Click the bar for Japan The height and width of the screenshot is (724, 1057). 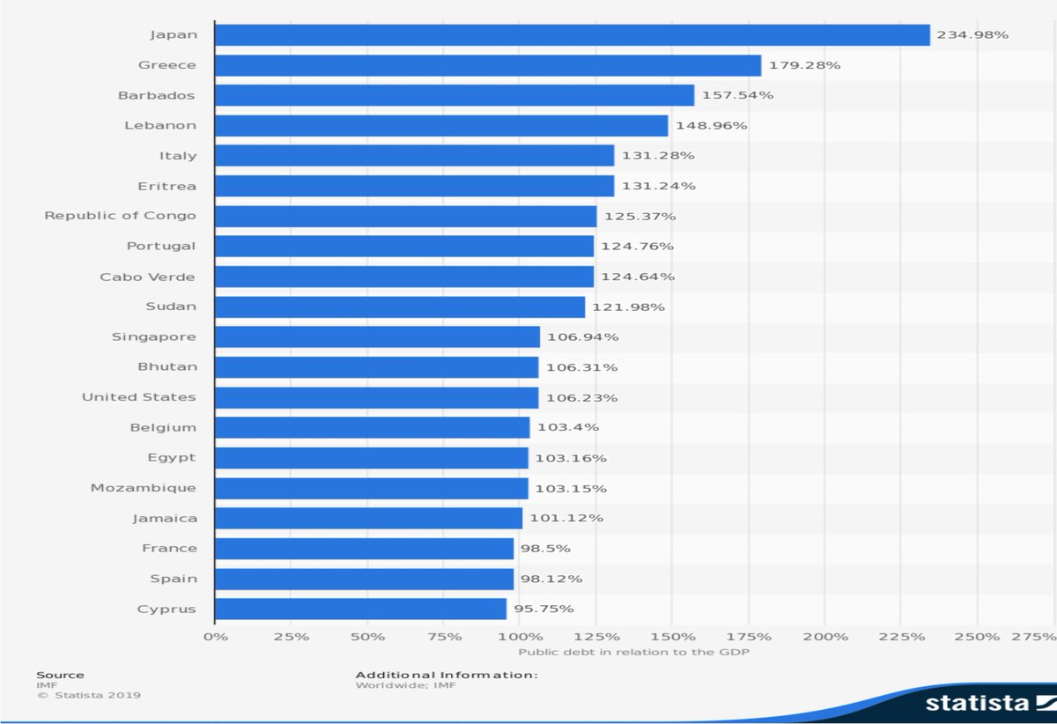572,35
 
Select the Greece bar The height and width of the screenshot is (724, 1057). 487,65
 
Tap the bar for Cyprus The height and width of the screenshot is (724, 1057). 360,609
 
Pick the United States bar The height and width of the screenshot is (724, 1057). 376,397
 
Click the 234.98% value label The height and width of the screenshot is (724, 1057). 972,35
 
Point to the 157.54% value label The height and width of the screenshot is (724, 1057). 737,95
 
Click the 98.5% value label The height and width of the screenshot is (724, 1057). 545,548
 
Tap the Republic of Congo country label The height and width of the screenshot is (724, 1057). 121,216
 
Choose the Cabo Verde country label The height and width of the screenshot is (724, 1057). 148,277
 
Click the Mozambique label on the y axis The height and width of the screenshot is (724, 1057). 144,488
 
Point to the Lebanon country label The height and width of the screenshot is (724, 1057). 160,125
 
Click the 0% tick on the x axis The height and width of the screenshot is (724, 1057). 215,636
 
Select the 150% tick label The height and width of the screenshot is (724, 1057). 671,636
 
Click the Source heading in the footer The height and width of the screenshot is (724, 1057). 60,675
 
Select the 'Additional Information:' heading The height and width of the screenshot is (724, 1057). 446,675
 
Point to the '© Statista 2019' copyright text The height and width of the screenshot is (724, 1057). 88,695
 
